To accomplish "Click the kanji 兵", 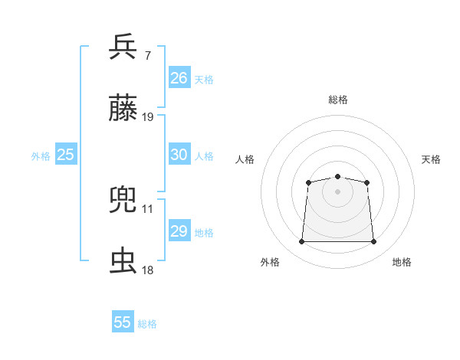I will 123,47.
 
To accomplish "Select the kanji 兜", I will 123,200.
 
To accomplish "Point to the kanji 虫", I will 123,261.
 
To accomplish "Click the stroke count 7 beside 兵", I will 147,56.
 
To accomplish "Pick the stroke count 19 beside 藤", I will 148,117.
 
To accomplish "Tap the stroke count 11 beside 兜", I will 148,208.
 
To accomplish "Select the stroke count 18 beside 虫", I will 148,270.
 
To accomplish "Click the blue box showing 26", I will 179,78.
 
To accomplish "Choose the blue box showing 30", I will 179,155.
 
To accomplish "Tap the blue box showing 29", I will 179,231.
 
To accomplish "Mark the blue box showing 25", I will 65,155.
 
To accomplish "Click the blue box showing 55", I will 123,322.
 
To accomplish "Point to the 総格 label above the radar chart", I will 337,100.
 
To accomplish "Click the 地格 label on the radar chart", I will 402,263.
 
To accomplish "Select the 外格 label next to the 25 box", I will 41,156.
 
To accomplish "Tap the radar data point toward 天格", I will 367,182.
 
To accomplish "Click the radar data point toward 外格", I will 301,242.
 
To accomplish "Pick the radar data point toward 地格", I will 374,242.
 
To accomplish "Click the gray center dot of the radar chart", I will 337,191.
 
